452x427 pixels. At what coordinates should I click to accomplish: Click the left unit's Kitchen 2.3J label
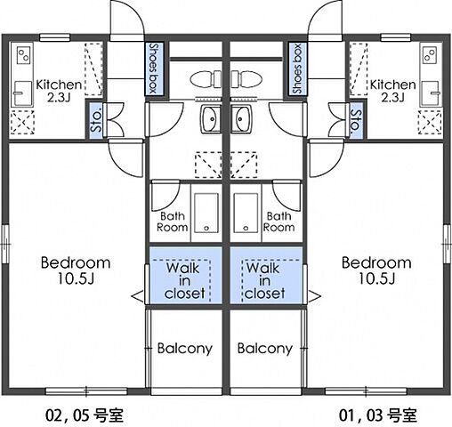point(58,92)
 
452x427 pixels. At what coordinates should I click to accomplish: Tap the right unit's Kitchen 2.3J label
point(392,92)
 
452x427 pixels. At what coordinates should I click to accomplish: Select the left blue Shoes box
point(154,69)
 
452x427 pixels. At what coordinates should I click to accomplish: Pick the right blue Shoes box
point(296,69)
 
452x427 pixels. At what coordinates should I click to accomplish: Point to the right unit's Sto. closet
point(355,120)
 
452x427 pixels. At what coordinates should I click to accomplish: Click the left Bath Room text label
point(174,222)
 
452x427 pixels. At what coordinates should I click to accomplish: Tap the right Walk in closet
point(266,279)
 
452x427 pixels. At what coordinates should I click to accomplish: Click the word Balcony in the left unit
point(184,349)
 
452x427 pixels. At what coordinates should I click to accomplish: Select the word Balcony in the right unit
point(265,349)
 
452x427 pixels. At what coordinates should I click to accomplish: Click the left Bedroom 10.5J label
point(76,270)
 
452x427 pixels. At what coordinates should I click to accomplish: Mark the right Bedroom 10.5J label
point(376,270)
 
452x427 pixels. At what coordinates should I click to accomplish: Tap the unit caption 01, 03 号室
point(377,415)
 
